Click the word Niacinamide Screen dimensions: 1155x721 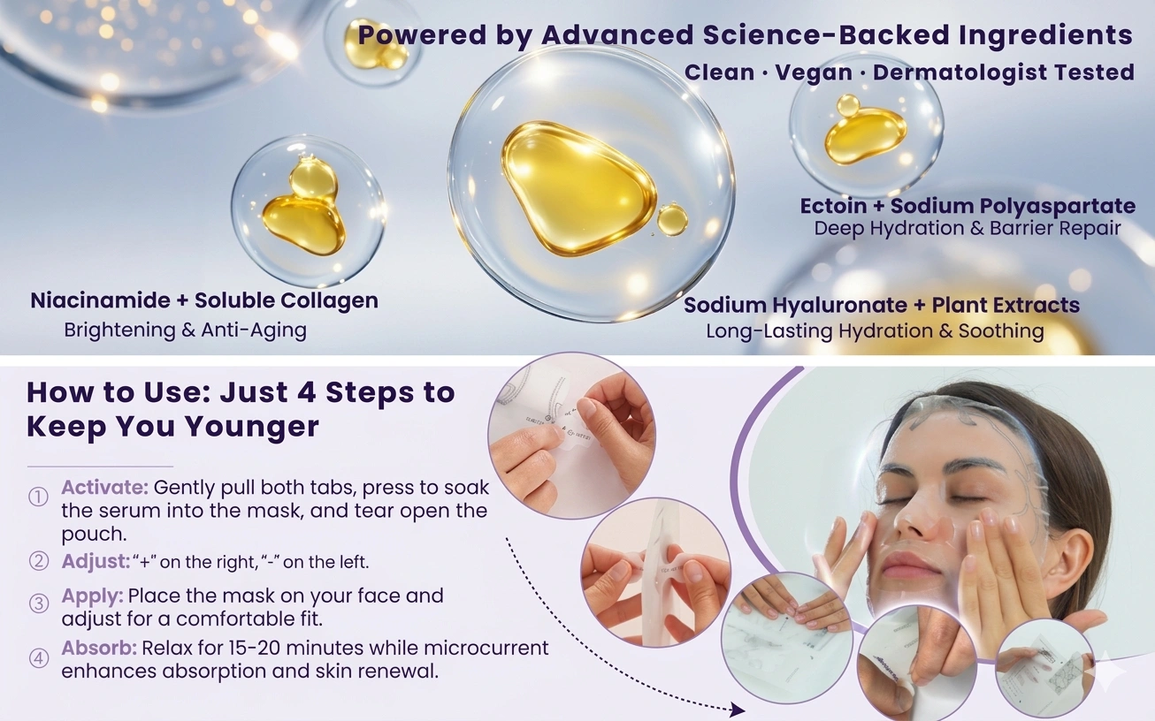(101, 300)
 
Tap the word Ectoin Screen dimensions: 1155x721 (833, 206)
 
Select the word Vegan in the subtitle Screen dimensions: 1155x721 (814, 72)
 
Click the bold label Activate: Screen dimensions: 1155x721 (104, 487)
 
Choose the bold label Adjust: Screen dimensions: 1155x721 (96, 561)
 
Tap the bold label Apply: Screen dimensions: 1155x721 (92, 596)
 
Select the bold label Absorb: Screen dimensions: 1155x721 (99, 648)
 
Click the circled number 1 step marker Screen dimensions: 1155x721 (38, 497)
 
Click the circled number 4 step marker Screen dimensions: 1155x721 (38, 658)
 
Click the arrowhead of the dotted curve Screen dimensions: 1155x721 (738, 710)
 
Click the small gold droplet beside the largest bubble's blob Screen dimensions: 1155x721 (672, 220)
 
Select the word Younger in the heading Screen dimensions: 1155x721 (252, 427)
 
